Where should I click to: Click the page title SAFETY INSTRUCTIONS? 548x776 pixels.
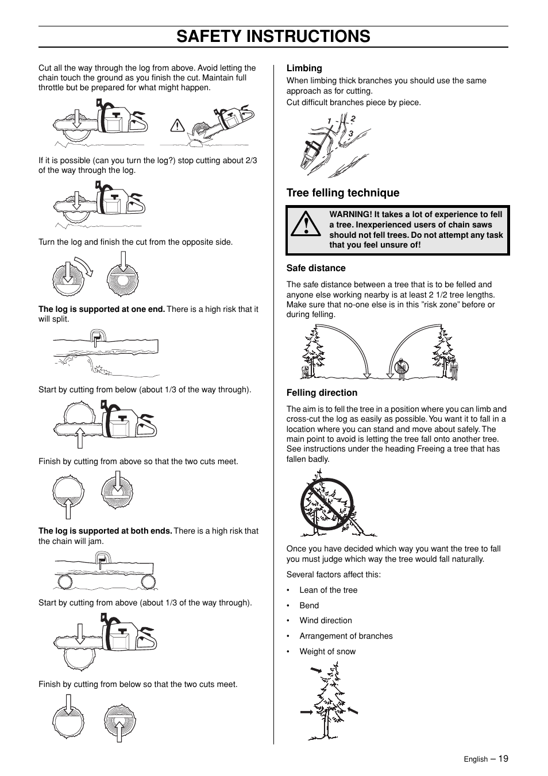pos(273,36)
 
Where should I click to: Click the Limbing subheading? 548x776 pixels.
pos(304,68)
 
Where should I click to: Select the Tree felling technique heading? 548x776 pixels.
pos(342,193)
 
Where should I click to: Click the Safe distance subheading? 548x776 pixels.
pos(316,268)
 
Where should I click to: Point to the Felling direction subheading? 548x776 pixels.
pos(322,393)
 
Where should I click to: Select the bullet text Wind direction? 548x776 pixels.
pos(325,620)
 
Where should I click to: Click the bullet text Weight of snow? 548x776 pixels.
pos(327,651)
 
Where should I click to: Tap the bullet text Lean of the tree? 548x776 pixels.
pos(328,590)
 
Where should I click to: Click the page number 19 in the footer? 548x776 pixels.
pos(503,758)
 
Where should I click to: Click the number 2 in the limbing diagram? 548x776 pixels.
pos(353,118)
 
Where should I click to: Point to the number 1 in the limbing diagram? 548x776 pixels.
pos(330,121)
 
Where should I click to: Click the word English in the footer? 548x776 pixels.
pos(476,759)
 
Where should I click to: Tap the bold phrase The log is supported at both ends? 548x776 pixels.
pos(105,531)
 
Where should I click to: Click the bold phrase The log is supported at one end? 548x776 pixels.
pos(102,310)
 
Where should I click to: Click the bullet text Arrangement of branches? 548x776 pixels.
pos(346,636)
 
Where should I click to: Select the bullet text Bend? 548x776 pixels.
pos(308,605)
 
